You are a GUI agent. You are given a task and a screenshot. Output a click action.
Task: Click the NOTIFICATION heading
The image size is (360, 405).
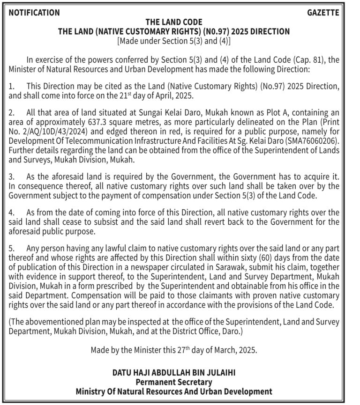click(x=34, y=13)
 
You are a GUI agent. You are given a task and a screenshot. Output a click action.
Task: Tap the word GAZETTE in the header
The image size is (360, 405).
click(x=323, y=13)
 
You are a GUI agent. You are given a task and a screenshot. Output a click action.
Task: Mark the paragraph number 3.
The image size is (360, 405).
click(x=12, y=178)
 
